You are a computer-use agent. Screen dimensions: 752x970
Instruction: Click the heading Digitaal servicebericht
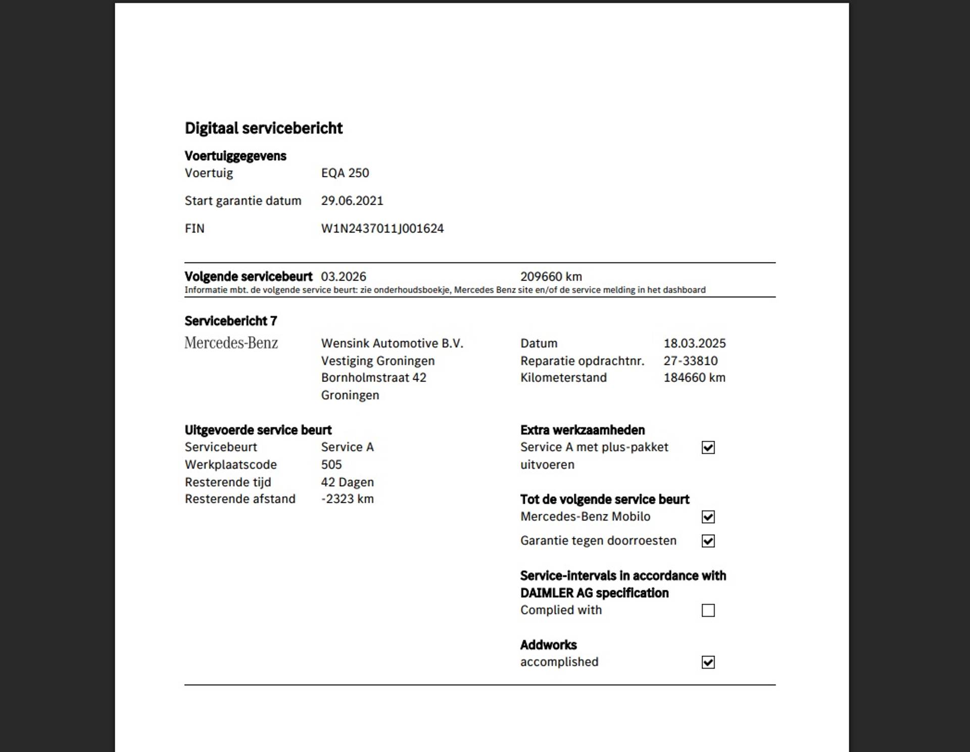(263, 128)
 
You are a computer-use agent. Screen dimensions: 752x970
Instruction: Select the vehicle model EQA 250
(345, 173)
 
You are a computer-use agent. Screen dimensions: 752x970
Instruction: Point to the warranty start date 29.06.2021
(352, 201)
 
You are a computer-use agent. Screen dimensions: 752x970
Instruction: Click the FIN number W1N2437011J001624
(382, 228)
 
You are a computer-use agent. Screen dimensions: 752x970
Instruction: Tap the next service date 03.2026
(344, 276)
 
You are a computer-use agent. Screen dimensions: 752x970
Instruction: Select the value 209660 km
(551, 276)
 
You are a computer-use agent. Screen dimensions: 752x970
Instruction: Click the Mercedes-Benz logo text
(231, 343)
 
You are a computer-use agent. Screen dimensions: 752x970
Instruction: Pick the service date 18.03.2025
(694, 343)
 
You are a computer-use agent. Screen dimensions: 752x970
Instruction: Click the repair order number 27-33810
(690, 361)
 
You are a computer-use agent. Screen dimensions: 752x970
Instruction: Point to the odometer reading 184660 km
(694, 378)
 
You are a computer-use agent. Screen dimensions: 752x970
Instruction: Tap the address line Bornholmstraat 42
(373, 378)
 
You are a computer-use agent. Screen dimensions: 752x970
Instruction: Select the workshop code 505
(331, 464)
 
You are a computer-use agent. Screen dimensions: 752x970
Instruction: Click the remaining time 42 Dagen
(347, 482)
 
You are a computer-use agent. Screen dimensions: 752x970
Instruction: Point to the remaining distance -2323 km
(347, 499)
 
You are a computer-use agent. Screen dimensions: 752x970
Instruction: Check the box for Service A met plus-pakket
(708, 448)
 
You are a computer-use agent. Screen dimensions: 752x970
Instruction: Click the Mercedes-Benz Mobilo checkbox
(708, 517)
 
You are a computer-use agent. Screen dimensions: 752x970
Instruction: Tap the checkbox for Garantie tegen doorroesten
(708, 541)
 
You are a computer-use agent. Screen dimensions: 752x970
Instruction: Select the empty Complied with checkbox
(708, 610)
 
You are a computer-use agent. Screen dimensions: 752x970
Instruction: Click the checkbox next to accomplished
(708, 663)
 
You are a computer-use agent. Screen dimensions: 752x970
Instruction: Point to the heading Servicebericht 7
(230, 321)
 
